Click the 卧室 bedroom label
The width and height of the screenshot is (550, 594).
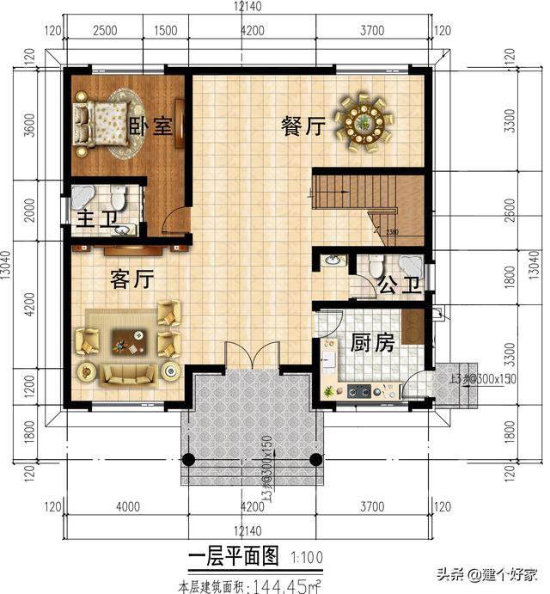(150, 125)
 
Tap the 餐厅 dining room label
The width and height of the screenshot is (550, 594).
(302, 126)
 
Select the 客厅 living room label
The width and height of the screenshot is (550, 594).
(131, 279)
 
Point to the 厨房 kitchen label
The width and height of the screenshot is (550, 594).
(372, 343)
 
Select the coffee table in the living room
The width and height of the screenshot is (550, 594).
(126, 342)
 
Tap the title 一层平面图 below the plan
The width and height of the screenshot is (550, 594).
(233, 557)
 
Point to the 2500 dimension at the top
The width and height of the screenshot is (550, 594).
(105, 31)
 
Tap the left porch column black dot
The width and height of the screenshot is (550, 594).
(192, 458)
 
